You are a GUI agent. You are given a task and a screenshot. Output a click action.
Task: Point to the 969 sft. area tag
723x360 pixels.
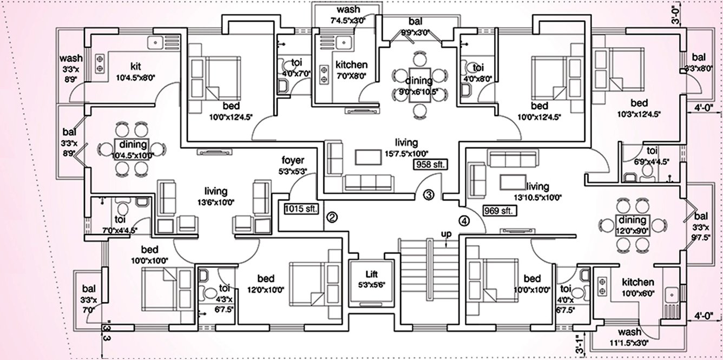tap(498, 210)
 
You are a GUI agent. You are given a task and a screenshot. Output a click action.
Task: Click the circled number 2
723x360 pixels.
tap(332, 218)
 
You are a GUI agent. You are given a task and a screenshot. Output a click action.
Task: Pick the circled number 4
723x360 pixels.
tap(464, 220)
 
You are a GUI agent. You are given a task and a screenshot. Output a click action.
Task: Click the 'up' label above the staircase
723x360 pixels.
tap(446, 233)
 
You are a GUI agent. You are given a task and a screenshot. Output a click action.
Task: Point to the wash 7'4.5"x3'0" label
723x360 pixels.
tap(348, 15)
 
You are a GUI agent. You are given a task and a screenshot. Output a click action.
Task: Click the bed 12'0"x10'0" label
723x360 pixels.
tap(265, 284)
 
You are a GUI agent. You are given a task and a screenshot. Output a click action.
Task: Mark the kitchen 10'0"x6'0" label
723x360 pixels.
tap(637, 287)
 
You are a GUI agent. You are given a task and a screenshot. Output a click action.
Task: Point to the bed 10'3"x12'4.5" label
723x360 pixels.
tap(639, 108)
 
